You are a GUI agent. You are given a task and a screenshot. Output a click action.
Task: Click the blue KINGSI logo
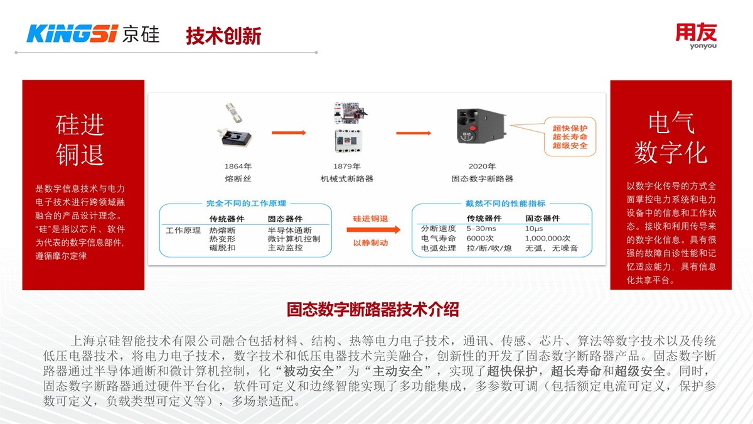click(x=72, y=34)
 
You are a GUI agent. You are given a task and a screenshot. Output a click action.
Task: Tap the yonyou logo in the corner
click(x=696, y=36)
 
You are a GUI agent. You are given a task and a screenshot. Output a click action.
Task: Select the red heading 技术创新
click(x=223, y=36)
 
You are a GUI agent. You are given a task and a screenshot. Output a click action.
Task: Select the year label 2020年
click(x=481, y=166)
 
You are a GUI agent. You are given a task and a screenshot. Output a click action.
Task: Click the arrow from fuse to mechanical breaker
click(x=289, y=133)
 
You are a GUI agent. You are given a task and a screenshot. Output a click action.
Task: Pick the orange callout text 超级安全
click(x=570, y=146)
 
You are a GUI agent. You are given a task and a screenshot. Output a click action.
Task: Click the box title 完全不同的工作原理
click(x=246, y=204)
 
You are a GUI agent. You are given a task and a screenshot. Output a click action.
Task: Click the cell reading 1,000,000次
click(x=547, y=239)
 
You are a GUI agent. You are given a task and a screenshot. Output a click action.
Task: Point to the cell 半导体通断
click(x=289, y=230)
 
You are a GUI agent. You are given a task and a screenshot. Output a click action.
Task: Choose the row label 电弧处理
click(x=438, y=249)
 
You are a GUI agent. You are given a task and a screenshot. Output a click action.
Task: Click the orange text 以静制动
click(x=370, y=243)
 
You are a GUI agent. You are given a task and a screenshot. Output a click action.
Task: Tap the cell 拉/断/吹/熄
click(x=488, y=249)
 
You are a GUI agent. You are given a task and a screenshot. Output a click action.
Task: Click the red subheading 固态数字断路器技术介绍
click(x=373, y=309)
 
